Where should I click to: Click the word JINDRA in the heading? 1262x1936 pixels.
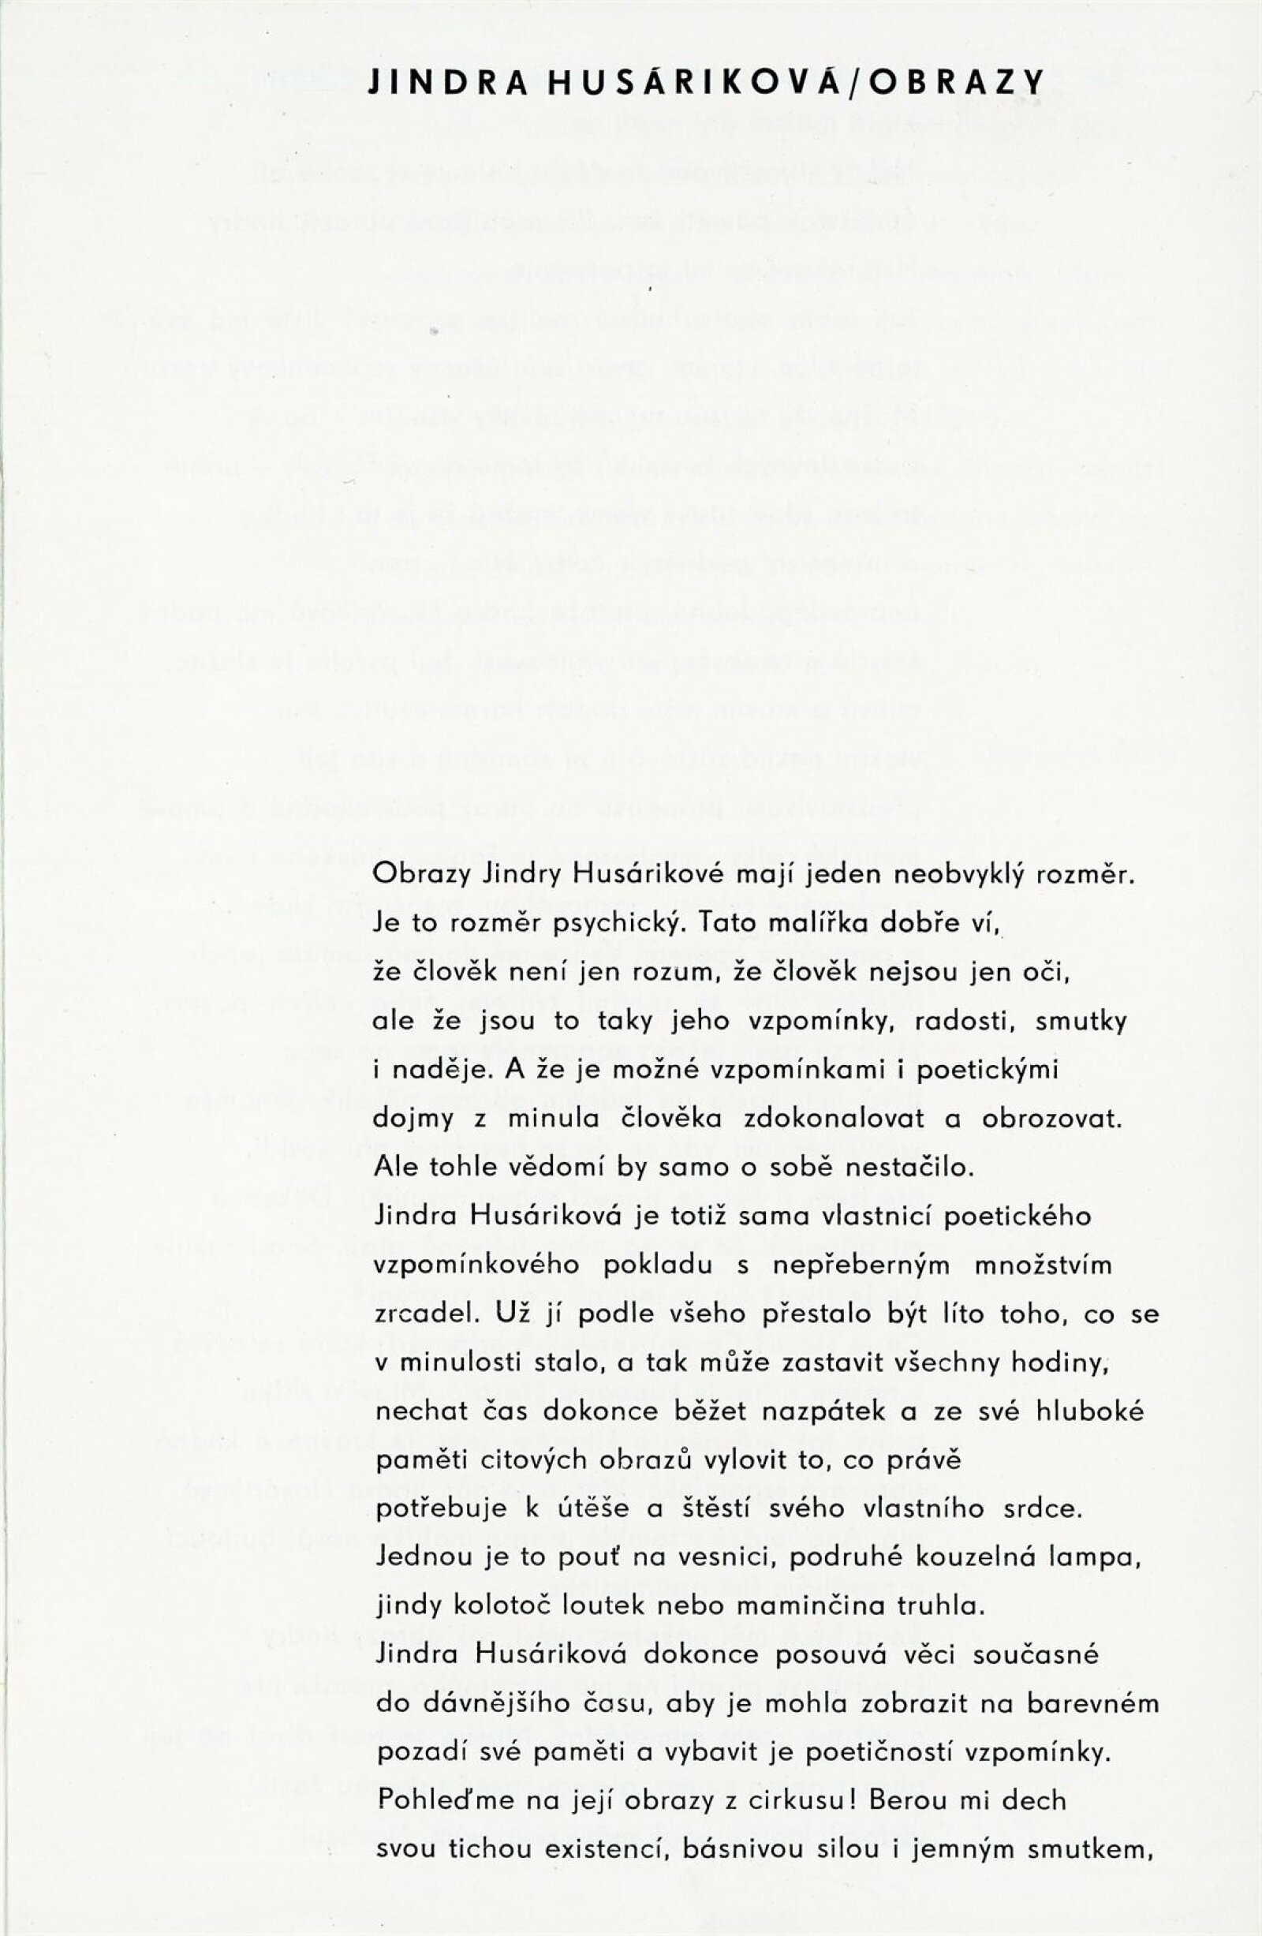click(448, 83)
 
